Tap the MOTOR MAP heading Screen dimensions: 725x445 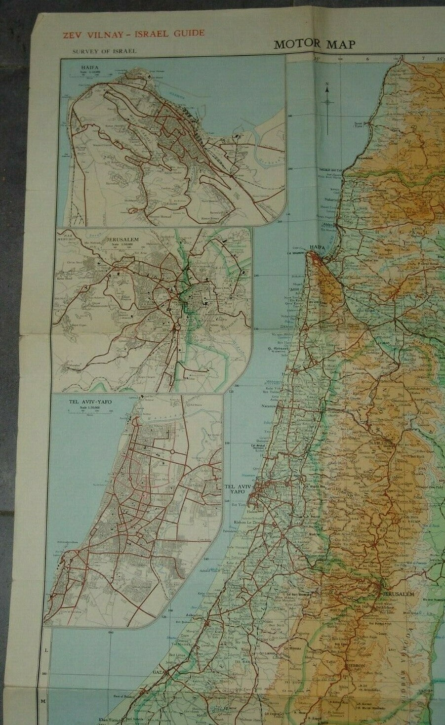(315, 44)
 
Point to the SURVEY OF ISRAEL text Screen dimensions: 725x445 (104, 51)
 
